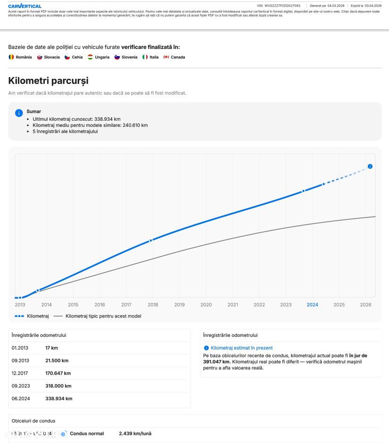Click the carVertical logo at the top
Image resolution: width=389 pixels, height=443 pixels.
coord(25,6)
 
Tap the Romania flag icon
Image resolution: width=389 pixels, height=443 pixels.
coord(11,57)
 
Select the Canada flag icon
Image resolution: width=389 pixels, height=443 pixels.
coord(166,57)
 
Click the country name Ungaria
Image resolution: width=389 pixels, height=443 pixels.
coord(102,57)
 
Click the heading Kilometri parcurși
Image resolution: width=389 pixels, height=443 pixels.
coord(48,81)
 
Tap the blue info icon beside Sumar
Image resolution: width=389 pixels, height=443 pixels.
coord(19,113)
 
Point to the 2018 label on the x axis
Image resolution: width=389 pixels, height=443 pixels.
coord(153,305)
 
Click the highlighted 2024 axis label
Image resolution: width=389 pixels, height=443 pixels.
coord(312,305)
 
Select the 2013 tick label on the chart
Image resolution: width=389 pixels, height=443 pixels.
coord(20,305)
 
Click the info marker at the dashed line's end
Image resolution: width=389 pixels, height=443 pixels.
coord(370,167)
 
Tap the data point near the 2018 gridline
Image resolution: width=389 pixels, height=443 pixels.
coord(151,241)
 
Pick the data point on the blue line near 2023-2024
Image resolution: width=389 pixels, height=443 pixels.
coord(304,191)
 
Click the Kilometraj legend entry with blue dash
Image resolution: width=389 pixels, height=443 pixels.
coord(37,316)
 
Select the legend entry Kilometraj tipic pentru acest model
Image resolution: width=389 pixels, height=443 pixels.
coord(103,316)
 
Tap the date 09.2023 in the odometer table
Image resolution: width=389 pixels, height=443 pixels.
coord(21,386)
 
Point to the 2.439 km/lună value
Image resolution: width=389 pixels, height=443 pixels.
coord(135,434)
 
